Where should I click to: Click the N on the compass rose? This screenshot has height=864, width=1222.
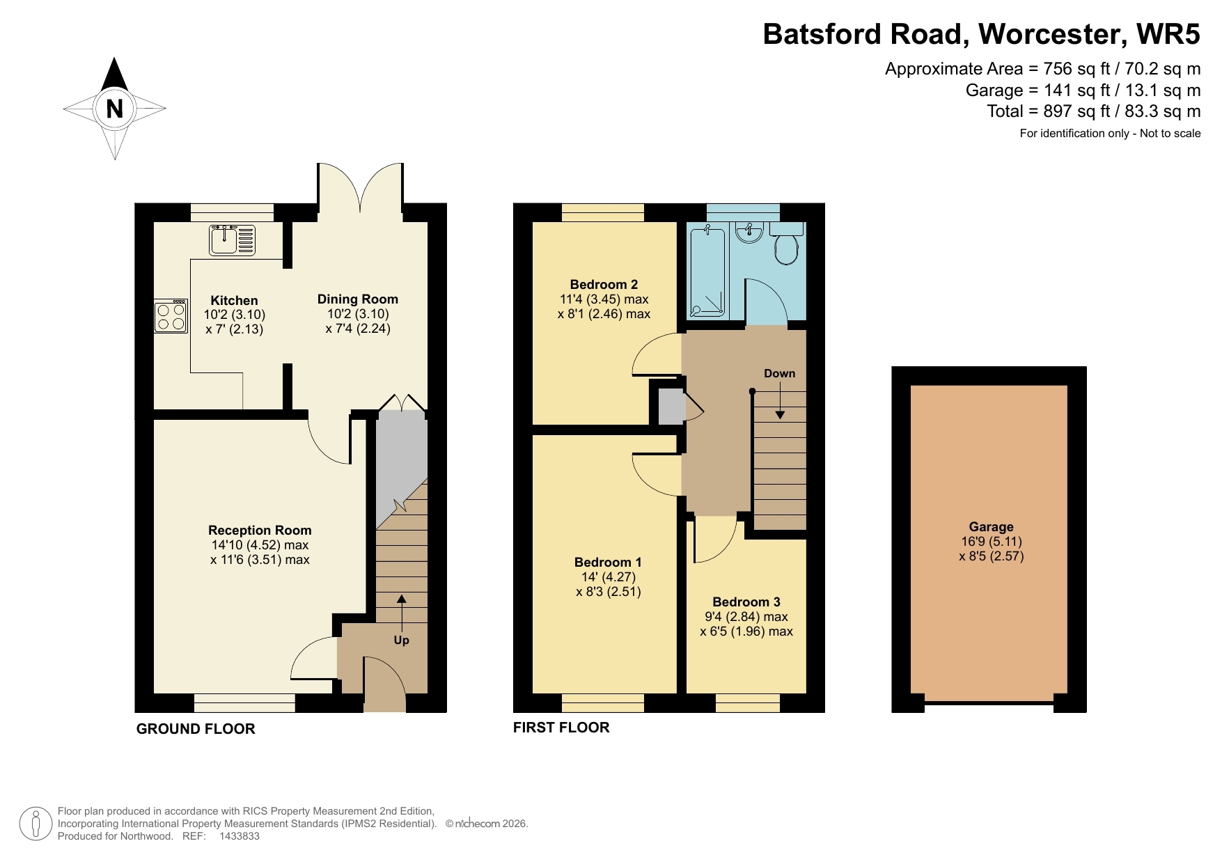[115, 109]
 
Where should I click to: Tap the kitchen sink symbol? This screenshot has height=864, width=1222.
[232, 239]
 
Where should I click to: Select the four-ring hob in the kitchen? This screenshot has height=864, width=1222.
[171, 316]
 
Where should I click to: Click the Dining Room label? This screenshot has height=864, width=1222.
[357, 299]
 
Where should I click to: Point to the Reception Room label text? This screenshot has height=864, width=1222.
[260, 531]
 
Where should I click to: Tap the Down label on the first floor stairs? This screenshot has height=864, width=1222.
[779, 373]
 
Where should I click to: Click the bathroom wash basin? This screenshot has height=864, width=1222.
[749, 233]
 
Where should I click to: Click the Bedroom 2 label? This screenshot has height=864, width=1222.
[604, 284]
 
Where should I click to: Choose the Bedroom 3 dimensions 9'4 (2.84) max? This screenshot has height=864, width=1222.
[746, 617]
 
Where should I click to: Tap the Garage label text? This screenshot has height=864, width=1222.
[991, 527]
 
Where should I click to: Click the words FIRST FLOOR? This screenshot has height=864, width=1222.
[561, 728]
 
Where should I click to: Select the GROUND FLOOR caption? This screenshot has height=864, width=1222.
[196, 729]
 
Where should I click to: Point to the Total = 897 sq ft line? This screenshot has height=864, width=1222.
[1093, 111]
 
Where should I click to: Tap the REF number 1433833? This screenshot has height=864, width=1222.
[240, 836]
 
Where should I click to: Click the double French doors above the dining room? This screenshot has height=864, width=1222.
[360, 187]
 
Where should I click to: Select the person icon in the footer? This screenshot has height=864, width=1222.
[35, 824]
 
